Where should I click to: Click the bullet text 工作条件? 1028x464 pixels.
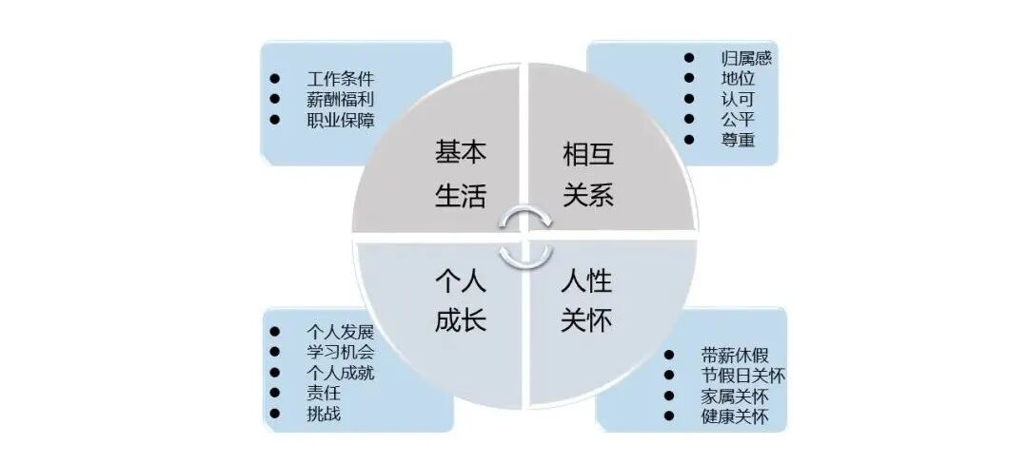[x=341, y=78]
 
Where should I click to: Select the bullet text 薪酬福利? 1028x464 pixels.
[x=341, y=99]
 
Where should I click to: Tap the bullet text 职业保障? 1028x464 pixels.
[x=341, y=120]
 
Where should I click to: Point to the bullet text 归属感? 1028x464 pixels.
[x=746, y=58]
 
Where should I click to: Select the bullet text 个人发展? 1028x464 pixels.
[x=341, y=332]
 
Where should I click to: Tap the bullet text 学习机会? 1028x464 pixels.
[x=341, y=352]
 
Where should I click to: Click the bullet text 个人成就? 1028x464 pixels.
[x=341, y=373]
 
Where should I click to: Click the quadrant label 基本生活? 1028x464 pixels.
[x=461, y=174]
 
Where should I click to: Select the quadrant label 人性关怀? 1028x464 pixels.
[x=587, y=300]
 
